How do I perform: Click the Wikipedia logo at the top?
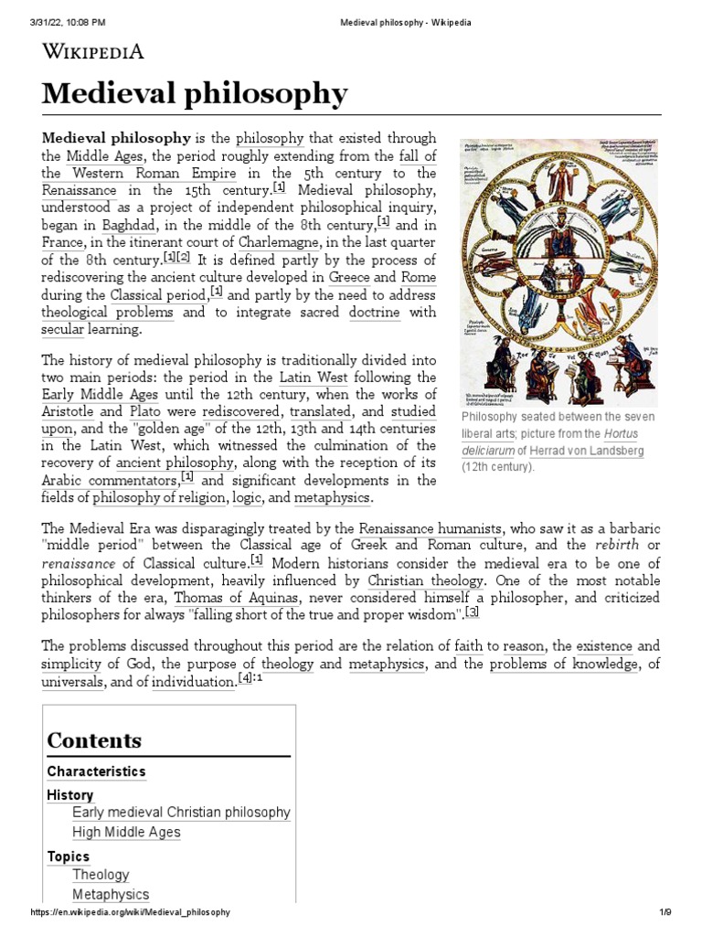[92, 51]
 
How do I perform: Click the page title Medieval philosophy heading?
[195, 93]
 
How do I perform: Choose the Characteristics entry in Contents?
[96, 771]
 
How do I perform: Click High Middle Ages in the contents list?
[126, 832]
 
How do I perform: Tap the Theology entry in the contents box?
[101, 875]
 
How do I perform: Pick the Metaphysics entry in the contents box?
[111, 895]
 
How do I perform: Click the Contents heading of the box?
[94, 739]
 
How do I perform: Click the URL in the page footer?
[130, 912]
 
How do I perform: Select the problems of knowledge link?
[563, 665]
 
